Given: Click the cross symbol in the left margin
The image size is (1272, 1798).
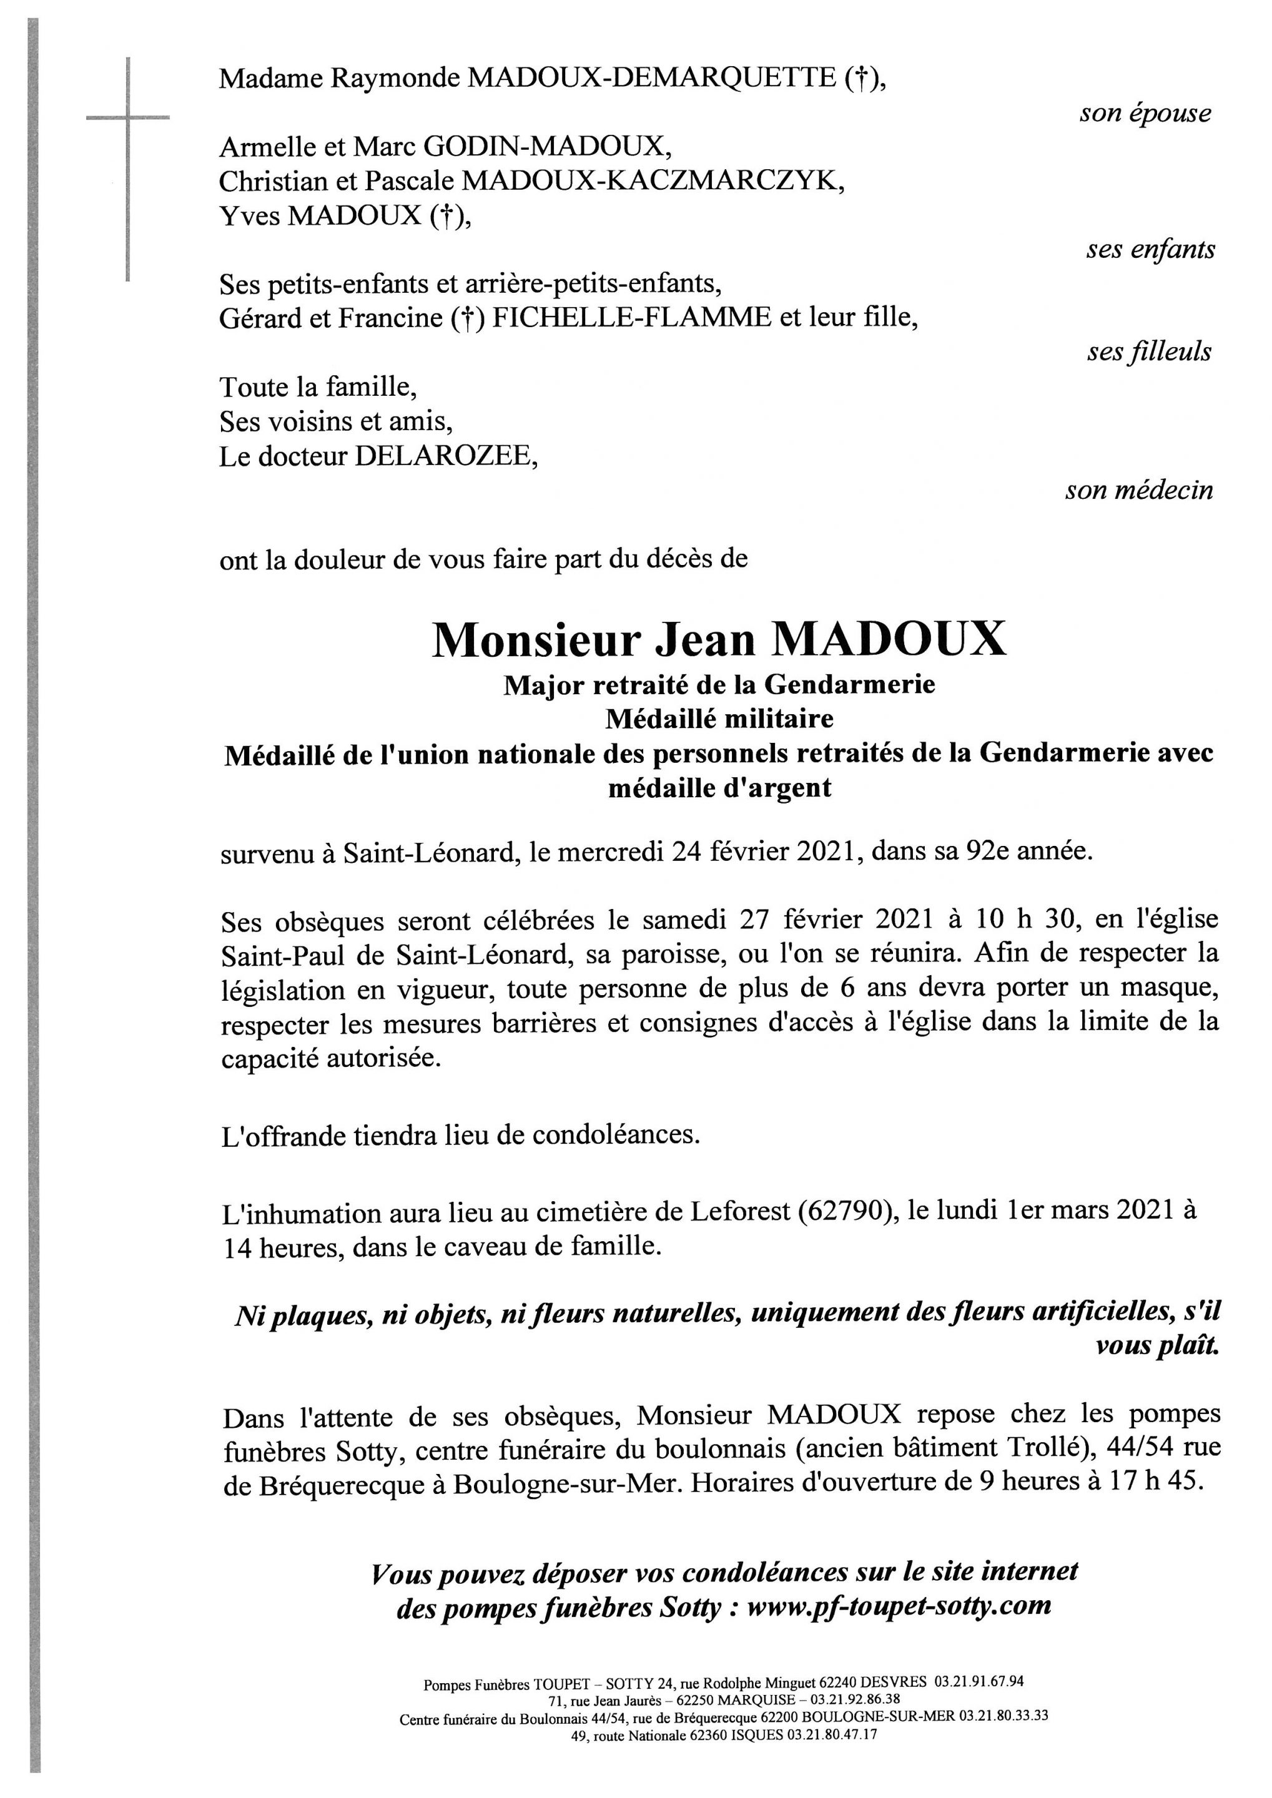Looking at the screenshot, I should pyautogui.click(x=127, y=117).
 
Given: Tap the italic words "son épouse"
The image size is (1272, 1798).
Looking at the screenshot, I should pyautogui.click(x=1145, y=114).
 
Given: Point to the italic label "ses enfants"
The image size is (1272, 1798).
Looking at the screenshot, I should pyautogui.click(x=1150, y=250).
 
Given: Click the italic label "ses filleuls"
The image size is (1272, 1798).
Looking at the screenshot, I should pyautogui.click(x=1148, y=352).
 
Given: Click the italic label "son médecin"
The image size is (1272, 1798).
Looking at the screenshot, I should pyautogui.click(x=1138, y=490).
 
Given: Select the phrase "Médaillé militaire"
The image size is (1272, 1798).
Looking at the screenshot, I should pyautogui.click(x=719, y=718).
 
